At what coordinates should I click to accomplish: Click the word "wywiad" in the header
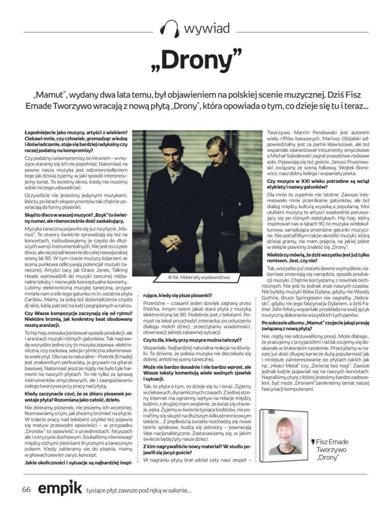(206, 29)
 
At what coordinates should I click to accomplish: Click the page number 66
(26, 489)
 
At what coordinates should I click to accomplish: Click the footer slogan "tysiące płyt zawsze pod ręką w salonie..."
(139, 490)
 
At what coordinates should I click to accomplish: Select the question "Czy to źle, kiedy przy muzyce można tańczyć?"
(192, 340)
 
